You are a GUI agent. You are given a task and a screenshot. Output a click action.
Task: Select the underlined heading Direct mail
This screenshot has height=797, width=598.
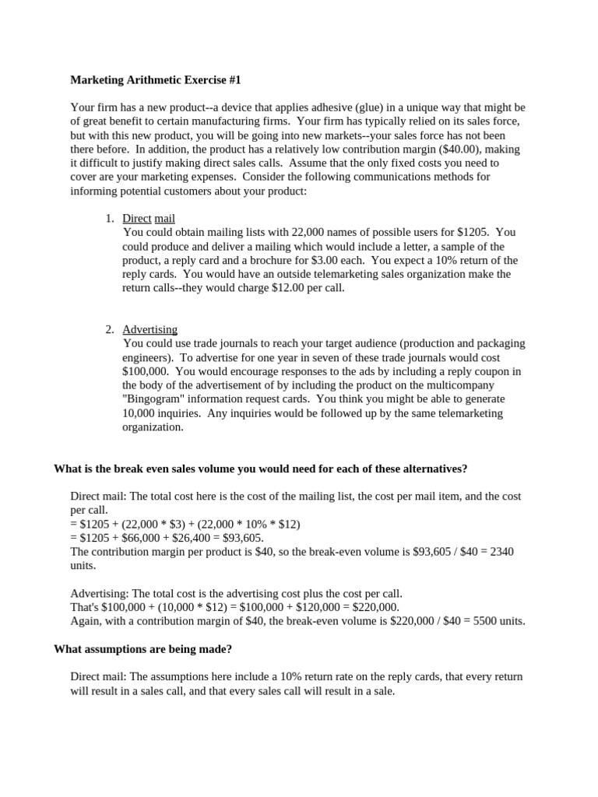pos(154,219)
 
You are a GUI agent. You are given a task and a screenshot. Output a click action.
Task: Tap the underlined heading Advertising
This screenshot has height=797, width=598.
pos(149,329)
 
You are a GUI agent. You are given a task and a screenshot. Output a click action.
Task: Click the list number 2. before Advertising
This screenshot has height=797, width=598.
pos(110,329)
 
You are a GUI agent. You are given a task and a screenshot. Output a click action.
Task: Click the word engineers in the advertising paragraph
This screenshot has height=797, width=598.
pos(147,357)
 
